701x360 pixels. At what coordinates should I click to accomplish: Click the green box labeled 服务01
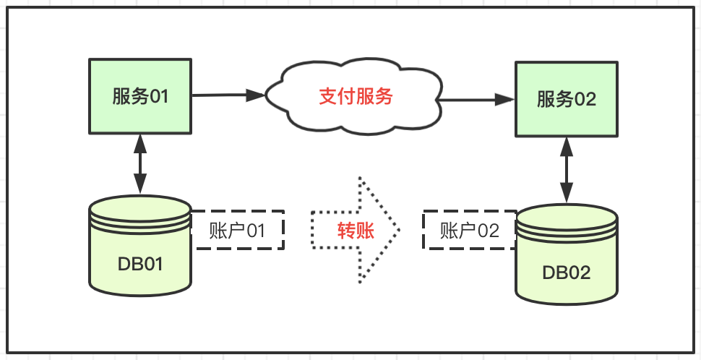pyautogui.click(x=140, y=96)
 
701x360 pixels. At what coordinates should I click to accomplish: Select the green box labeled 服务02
pyautogui.click(x=567, y=99)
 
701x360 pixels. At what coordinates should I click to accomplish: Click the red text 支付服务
pyautogui.click(x=356, y=96)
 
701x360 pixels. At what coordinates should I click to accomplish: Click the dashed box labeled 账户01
pyautogui.click(x=237, y=231)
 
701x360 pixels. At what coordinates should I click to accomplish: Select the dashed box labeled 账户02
pyautogui.click(x=470, y=231)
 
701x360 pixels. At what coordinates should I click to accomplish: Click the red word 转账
pyautogui.click(x=356, y=231)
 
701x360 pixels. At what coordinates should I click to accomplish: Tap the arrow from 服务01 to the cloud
pyautogui.click(x=228, y=95)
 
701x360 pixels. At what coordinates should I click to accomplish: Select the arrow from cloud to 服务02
pyautogui.click(x=477, y=99)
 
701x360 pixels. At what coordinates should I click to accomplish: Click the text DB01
pyautogui.click(x=140, y=264)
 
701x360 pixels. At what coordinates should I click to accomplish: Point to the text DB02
pyautogui.click(x=567, y=273)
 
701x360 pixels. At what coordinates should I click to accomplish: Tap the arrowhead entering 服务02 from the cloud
pyautogui.click(x=505, y=100)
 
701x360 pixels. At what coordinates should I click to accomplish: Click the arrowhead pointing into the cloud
pyautogui.click(x=256, y=95)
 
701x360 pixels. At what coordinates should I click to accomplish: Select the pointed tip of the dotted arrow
pyautogui.click(x=397, y=229)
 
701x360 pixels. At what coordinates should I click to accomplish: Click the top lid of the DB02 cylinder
pyautogui.click(x=567, y=218)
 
